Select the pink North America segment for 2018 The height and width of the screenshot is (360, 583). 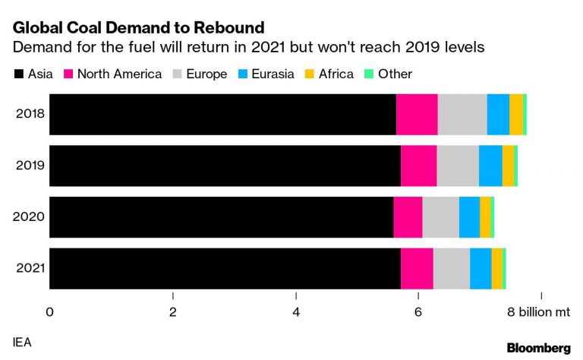pos(417,114)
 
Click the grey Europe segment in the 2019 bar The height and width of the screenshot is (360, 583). pos(458,165)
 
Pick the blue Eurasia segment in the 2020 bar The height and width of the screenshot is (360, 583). pos(469,216)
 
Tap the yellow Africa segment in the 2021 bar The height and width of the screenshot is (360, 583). pos(496,268)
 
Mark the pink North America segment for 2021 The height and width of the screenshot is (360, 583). pos(417,268)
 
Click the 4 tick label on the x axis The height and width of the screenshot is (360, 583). pos(296,311)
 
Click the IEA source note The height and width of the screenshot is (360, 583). pos(22,343)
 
